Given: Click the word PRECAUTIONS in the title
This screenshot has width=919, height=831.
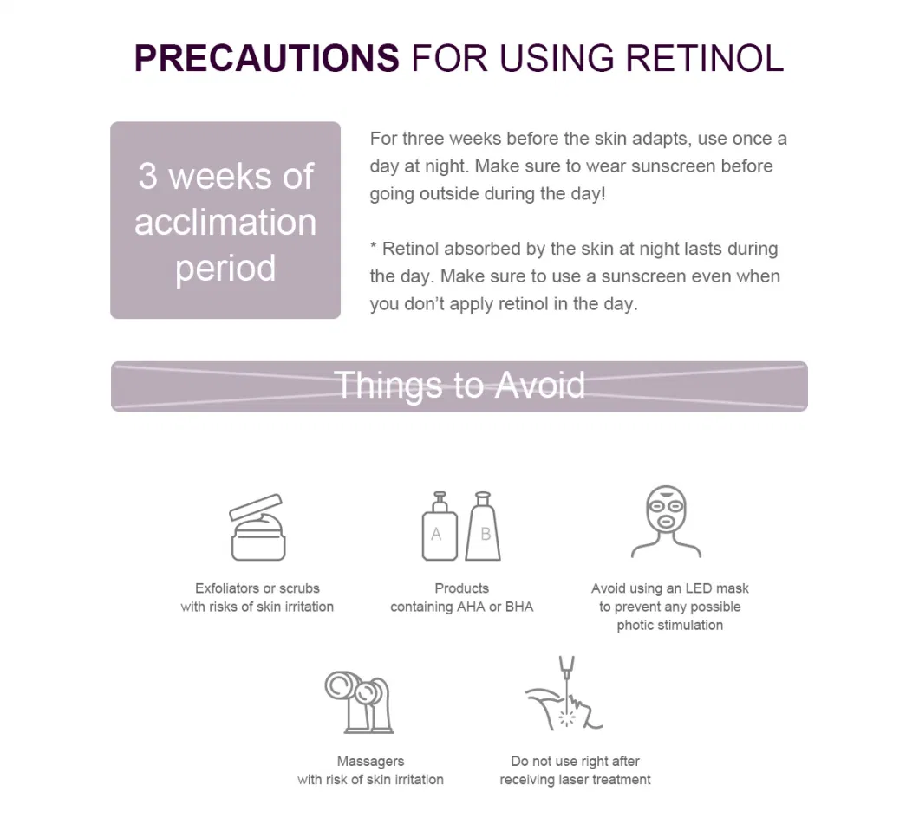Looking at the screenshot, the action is coord(267,58).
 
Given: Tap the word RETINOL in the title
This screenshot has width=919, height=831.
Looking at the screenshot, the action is coord(705,58).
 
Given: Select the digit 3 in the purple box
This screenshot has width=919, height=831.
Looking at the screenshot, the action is coord(147,176).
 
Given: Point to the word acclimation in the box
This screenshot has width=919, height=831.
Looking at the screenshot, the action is coord(225,222).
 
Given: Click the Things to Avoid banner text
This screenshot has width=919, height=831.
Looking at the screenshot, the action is coord(459,385).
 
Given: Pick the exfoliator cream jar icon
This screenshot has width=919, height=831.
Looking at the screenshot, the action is coord(257,527).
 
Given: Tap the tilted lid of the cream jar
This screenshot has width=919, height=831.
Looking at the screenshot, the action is coord(256,507).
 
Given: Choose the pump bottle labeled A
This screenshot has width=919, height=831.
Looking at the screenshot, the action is coord(440,526).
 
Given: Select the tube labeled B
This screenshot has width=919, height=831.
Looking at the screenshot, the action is coord(483,526).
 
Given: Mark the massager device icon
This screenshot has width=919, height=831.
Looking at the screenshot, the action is coord(359,702).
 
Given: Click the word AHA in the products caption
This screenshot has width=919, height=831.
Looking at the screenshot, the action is coord(471,607).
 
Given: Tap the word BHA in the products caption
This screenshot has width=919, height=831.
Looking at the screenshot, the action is coord(519,607).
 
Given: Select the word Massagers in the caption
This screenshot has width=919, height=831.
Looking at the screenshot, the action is coord(370,762).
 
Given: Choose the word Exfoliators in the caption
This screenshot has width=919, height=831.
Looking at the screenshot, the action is coord(225,588).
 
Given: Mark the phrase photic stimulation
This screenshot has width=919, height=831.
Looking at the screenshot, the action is coord(670,626).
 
